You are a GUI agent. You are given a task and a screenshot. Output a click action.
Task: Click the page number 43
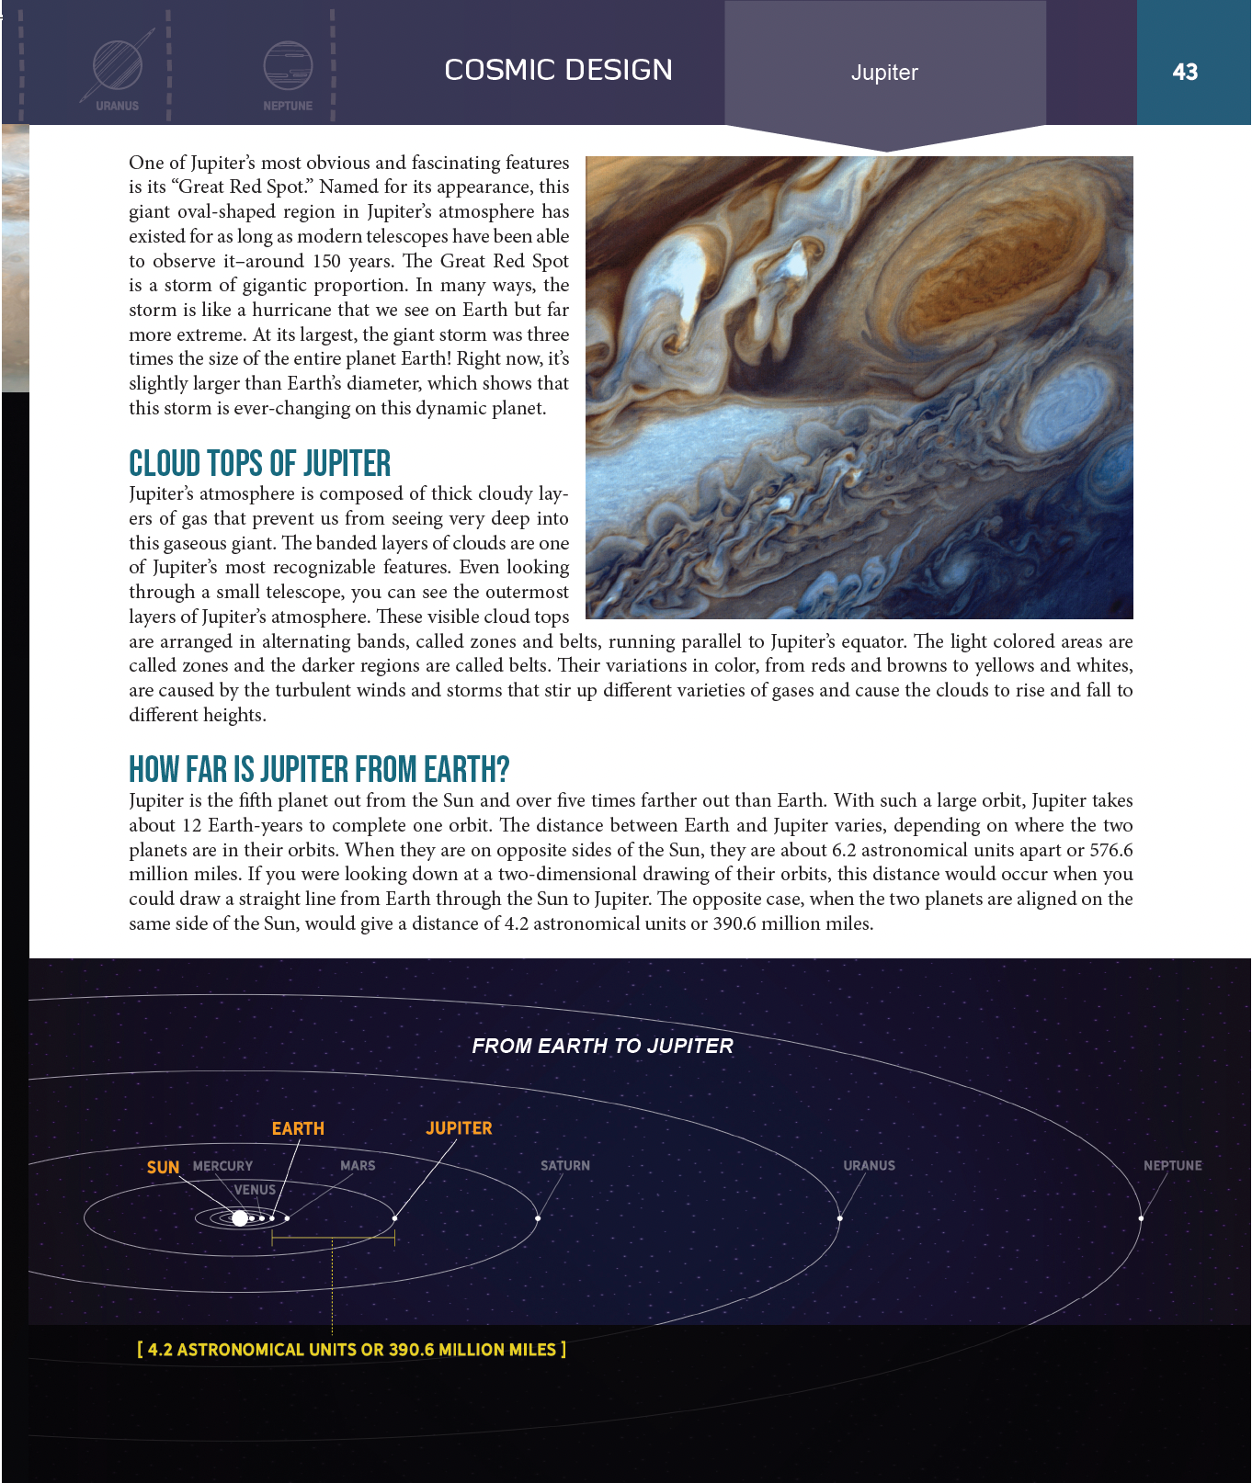click(1185, 72)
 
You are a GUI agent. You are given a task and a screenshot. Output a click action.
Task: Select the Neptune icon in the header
click(288, 66)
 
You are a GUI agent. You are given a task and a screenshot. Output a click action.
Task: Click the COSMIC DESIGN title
click(558, 70)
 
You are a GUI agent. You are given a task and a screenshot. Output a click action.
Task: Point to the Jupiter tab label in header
click(884, 73)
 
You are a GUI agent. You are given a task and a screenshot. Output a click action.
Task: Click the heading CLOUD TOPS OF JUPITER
click(259, 463)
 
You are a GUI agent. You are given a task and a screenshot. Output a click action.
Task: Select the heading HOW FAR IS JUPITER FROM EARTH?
click(319, 769)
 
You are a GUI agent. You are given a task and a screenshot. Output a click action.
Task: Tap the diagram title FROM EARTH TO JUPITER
click(602, 1046)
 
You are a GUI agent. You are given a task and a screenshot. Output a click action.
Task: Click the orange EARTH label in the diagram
click(298, 1128)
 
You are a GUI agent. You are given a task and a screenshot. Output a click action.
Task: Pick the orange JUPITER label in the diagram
click(459, 1128)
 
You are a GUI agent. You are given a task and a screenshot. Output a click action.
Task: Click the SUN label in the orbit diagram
click(163, 1167)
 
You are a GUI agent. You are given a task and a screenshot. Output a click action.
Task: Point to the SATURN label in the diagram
click(565, 1165)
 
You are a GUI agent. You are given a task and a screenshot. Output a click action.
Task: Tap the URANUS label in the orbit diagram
click(869, 1165)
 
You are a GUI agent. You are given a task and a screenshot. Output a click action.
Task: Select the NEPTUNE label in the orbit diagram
click(1172, 1165)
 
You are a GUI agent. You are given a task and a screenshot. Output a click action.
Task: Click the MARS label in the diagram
click(358, 1165)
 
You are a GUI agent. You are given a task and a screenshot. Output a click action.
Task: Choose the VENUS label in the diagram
click(255, 1189)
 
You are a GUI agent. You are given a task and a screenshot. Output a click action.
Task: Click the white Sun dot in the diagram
click(240, 1218)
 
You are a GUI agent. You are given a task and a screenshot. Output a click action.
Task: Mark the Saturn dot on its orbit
click(538, 1218)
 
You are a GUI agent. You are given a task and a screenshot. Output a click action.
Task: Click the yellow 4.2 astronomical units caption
click(351, 1350)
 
